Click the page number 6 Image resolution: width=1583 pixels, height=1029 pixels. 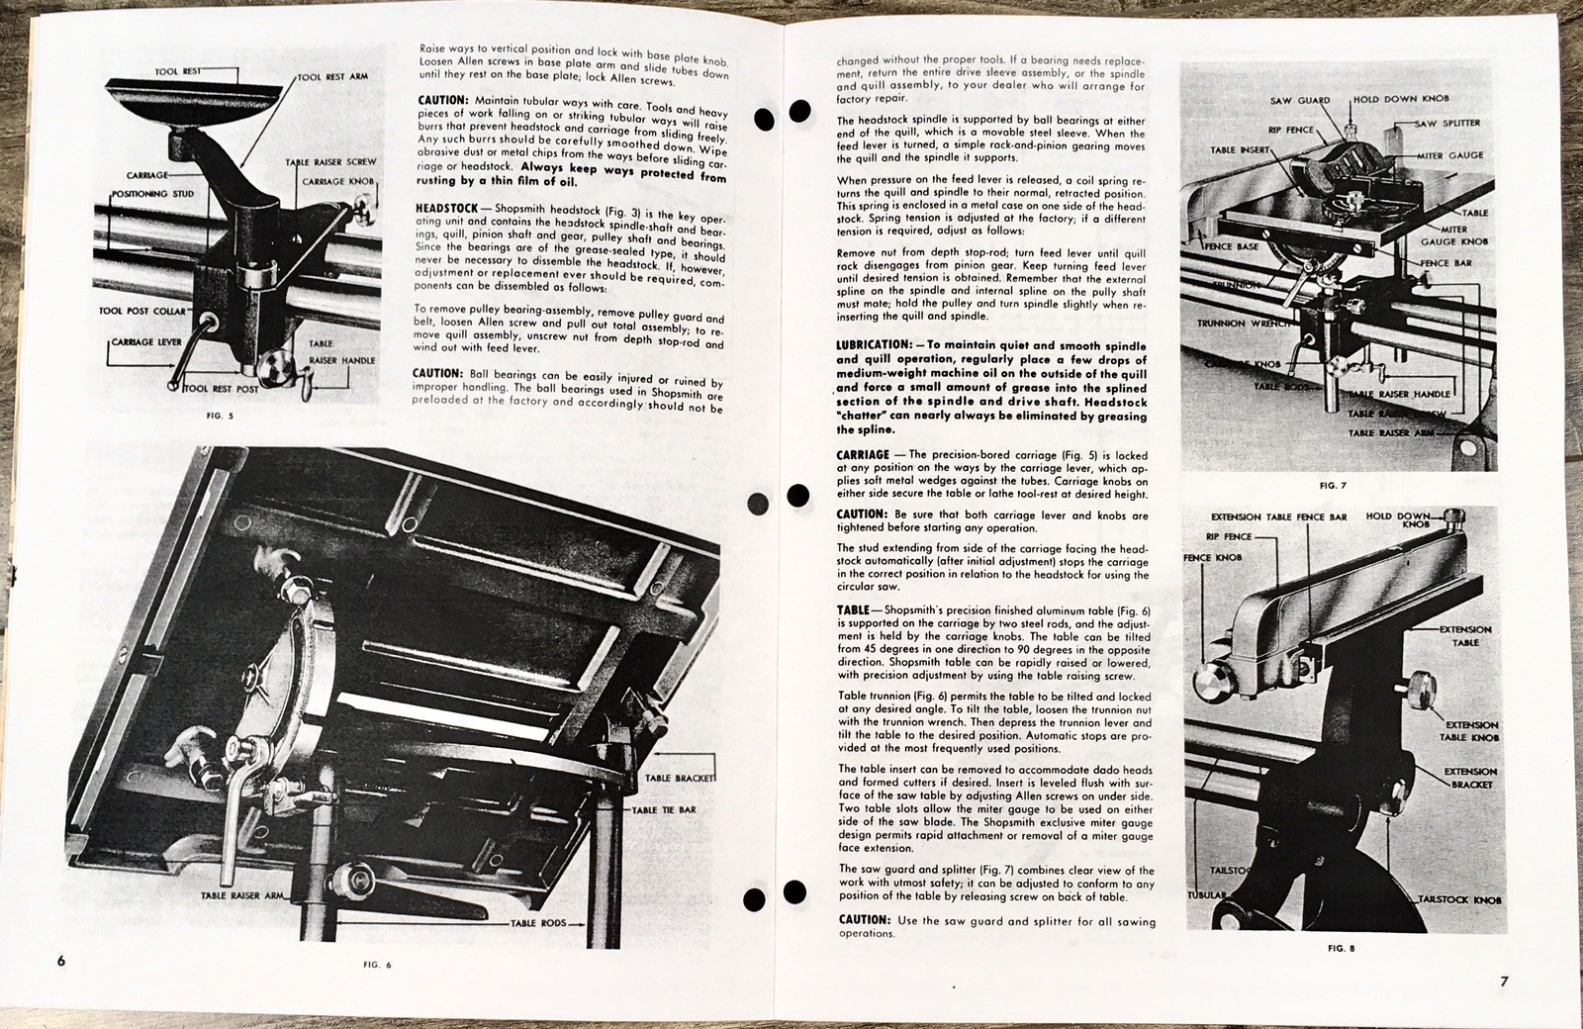click(61, 961)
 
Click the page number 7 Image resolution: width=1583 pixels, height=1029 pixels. click(1504, 982)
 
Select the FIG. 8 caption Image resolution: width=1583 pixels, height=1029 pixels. click(1341, 949)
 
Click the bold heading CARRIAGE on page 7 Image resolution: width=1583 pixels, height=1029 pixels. click(863, 454)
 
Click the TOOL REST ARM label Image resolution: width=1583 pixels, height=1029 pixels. click(333, 76)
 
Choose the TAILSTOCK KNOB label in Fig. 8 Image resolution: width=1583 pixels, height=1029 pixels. click(1460, 900)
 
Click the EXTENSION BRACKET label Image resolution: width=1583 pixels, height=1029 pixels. click(1470, 777)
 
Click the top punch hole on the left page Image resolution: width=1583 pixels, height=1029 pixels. click(764, 120)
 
